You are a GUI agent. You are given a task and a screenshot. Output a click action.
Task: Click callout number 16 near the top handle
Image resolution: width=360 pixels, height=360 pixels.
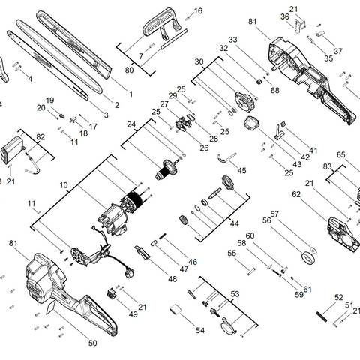click(x=198, y=11)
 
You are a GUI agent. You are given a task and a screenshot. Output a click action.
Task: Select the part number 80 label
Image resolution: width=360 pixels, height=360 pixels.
click(x=129, y=70)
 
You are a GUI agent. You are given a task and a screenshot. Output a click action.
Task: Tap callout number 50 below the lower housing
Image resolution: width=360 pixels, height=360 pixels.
click(x=93, y=343)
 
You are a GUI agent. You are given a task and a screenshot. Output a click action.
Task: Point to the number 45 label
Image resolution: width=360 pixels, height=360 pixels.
click(x=241, y=170)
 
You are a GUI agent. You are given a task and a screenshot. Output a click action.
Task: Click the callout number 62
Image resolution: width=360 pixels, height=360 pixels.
click(x=296, y=194)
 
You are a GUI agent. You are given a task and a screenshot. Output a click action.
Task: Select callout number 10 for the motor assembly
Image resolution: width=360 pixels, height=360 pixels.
click(x=64, y=184)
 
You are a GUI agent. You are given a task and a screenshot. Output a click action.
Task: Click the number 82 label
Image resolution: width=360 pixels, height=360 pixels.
click(x=40, y=136)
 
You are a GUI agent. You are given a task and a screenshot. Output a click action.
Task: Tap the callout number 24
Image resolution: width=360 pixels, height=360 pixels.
click(x=130, y=124)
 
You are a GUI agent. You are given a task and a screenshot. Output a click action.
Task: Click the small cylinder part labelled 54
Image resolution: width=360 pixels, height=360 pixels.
click(x=175, y=310)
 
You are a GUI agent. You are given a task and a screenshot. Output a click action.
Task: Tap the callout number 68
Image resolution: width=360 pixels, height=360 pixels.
click(x=275, y=91)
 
